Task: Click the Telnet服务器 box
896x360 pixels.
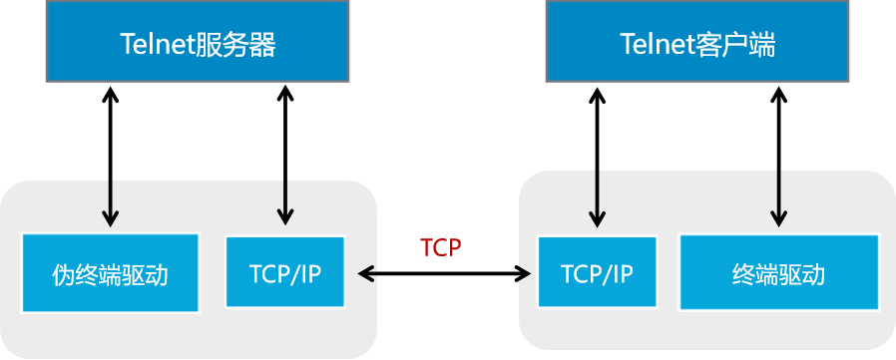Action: (x=198, y=42)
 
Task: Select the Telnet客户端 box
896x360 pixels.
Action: (x=697, y=42)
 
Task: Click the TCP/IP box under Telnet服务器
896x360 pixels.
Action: (x=285, y=272)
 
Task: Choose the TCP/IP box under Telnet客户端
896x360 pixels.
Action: (x=598, y=272)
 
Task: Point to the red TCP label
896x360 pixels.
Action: (x=441, y=247)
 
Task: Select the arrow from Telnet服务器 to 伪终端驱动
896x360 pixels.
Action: (x=110, y=155)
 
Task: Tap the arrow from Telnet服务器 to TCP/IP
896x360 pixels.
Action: (x=285, y=155)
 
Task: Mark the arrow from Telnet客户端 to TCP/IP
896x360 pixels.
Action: (x=598, y=155)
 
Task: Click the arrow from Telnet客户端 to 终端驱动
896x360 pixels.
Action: (x=777, y=155)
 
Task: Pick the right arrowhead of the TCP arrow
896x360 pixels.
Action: (x=523, y=271)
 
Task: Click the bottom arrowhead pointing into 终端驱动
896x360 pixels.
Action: (x=777, y=218)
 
